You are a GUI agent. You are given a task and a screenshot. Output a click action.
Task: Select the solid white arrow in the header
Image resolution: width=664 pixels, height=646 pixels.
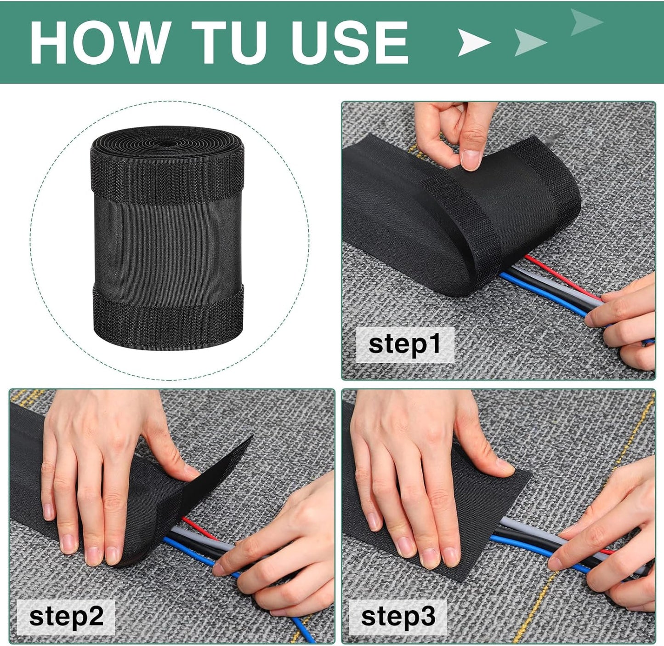coord(473,43)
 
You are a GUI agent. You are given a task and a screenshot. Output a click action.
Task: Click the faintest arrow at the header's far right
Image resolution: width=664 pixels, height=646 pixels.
coord(586,22)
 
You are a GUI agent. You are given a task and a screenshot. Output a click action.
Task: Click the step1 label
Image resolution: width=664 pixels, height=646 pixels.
coord(405,344)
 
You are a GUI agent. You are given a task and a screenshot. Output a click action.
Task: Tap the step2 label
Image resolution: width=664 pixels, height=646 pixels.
coord(66,617)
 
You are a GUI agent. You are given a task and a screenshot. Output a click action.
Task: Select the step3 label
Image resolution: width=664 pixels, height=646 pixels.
coord(398,617)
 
